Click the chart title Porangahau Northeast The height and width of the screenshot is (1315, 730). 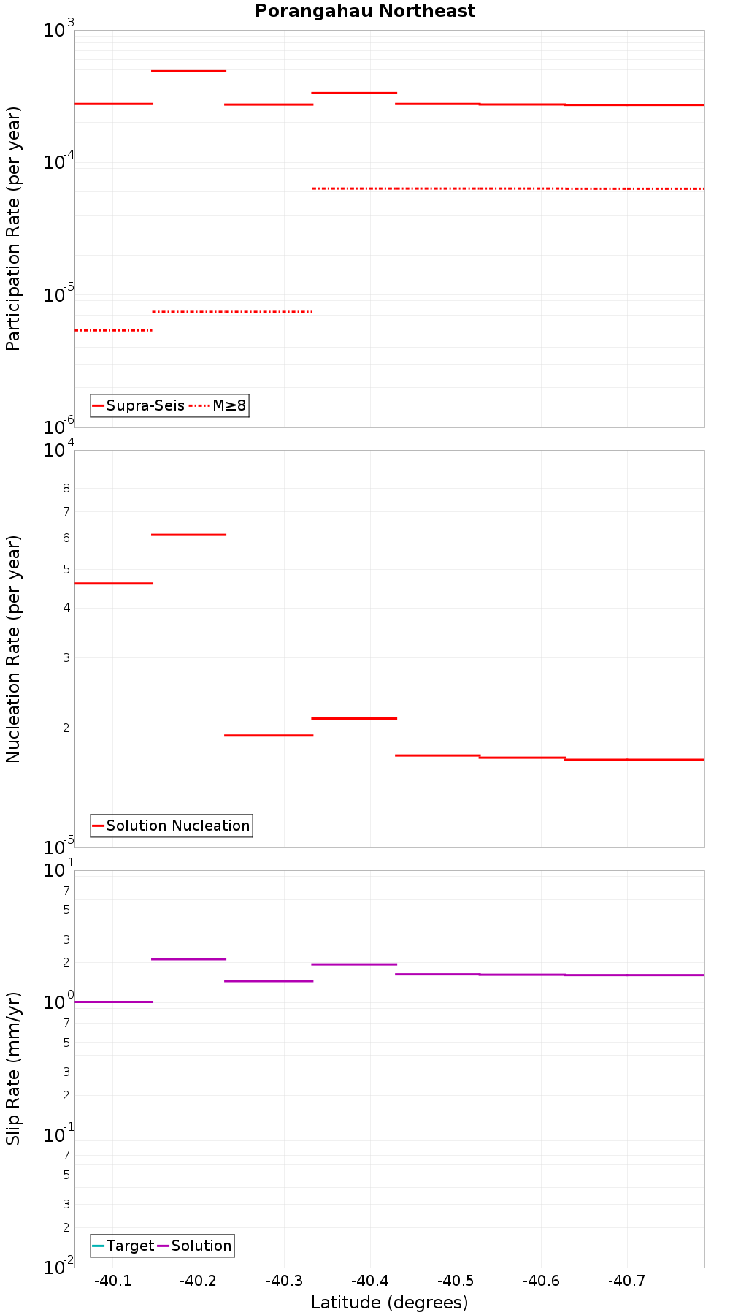(x=365, y=12)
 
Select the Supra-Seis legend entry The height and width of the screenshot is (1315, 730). (x=138, y=405)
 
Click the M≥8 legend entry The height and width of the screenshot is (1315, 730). (x=220, y=405)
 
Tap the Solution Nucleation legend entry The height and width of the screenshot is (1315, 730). (x=172, y=826)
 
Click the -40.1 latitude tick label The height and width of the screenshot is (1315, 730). (x=113, y=1281)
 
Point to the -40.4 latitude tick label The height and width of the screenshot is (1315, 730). (x=370, y=1281)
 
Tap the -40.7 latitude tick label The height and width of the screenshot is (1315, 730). (x=627, y=1281)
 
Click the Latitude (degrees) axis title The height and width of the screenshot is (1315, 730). (x=389, y=1303)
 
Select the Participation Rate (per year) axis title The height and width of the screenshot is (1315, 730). (x=13, y=229)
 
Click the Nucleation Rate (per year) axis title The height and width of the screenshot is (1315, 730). (x=13, y=649)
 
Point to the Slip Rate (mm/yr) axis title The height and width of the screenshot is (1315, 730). (x=13, y=1069)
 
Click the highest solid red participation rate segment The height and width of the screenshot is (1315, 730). (x=188, y=71)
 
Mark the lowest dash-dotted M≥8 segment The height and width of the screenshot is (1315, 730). (x=113, y=330)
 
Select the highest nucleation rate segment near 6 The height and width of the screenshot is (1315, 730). (x=188, y=535)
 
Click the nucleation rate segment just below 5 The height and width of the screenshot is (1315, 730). (x=113, y=583)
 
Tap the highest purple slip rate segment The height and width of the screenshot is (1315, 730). (x=188, y=958)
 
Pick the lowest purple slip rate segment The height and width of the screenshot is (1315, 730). (x=113, y=1002)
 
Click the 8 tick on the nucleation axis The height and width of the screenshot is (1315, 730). (x=66, y=488)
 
